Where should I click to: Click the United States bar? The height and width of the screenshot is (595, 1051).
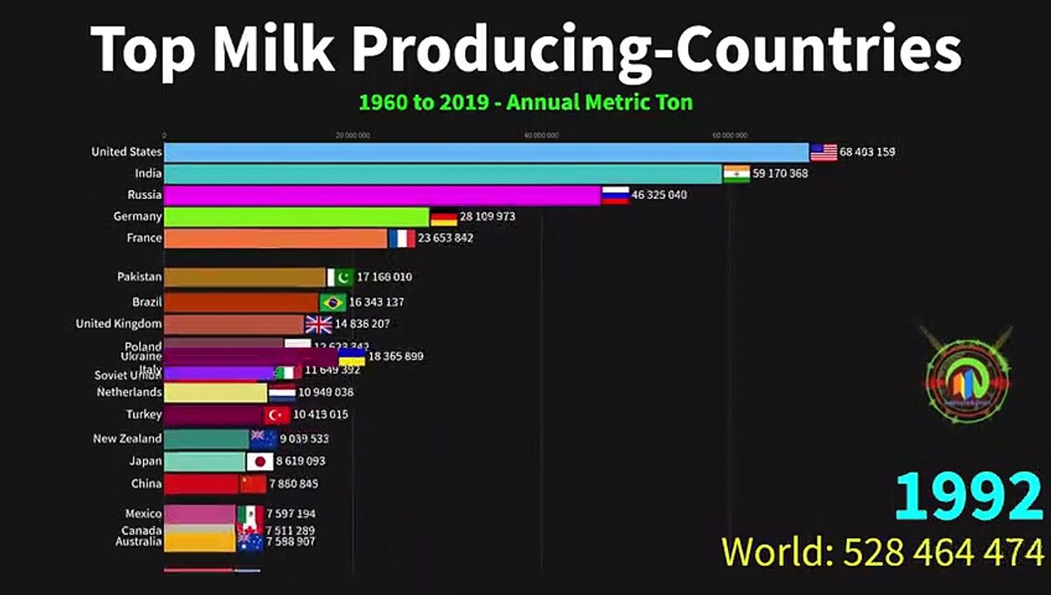[486, 152]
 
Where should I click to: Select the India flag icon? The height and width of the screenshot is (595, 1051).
[736, 174]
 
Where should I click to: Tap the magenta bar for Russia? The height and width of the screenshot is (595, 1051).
[382, 195]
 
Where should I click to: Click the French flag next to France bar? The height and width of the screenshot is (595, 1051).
[402, 238]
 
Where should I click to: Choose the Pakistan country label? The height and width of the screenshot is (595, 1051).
[139, 277]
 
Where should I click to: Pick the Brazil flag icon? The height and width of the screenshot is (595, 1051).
[333, 302]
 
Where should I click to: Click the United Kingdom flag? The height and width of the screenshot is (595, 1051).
[318, 324]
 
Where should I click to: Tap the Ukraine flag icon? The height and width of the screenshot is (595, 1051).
[352, 357]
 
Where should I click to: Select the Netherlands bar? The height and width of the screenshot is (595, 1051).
[215, 393]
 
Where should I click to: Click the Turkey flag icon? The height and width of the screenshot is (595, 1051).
[277, 415]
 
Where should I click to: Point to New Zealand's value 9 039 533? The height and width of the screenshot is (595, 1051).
[304, 439]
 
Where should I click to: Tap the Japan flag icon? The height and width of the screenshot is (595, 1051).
[259, 461]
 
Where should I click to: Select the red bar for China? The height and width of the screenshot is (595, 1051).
[202, 483]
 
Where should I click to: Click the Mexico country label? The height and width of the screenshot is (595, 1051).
[143, 514]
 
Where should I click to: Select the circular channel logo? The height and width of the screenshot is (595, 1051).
[967, 374]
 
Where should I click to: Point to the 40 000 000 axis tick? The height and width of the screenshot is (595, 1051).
[541, 136]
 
